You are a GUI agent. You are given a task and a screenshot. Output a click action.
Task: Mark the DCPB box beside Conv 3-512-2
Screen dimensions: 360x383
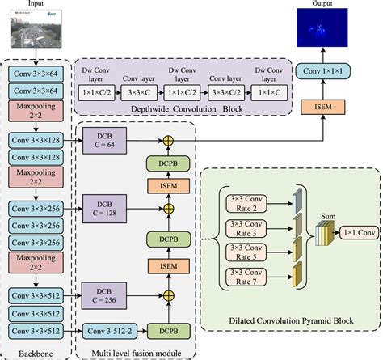click(168, 331)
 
